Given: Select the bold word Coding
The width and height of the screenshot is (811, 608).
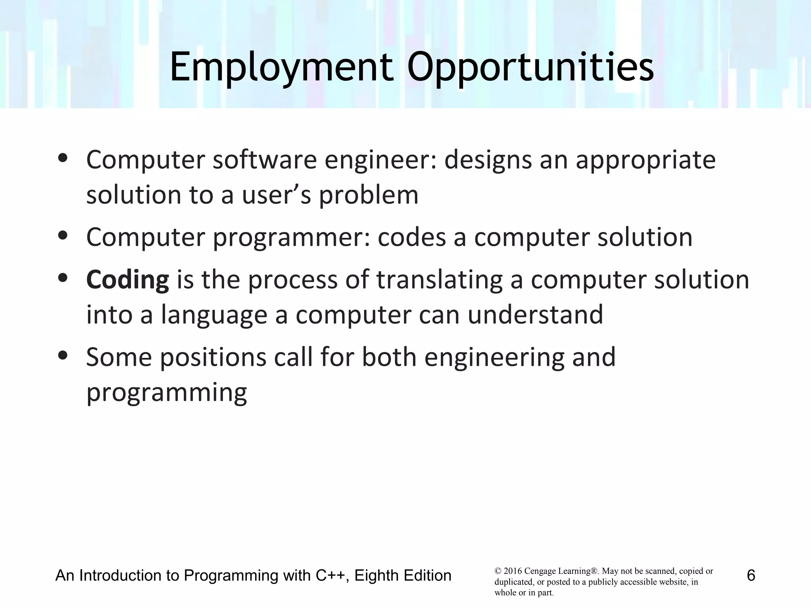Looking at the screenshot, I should click(128, 279).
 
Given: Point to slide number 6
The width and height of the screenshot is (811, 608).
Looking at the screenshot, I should click(751, 575).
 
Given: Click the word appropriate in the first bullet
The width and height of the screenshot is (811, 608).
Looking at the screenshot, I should click(645, 160).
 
